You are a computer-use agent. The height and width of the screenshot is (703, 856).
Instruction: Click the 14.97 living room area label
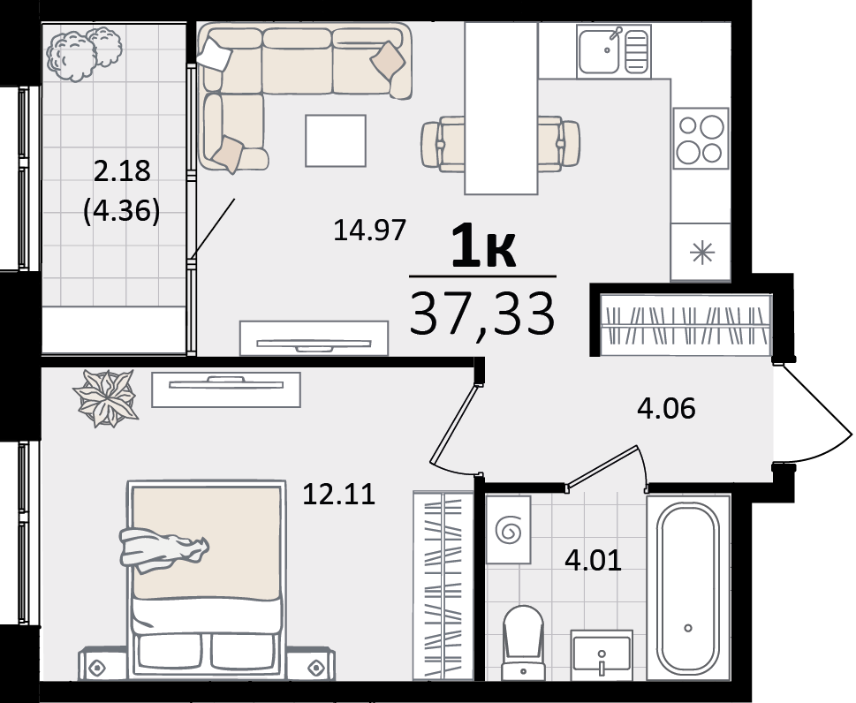tap(369, 230)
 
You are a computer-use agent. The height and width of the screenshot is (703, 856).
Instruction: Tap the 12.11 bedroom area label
tap(338, 495)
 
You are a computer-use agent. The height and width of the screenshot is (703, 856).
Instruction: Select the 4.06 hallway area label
tap(667, 408)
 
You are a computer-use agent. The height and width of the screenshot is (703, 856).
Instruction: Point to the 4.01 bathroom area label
tap(594, 561)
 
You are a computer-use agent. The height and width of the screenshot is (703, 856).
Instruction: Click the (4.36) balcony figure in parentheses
tap(122, 211)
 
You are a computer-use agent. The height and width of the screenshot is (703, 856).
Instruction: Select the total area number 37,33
tap(482, 314)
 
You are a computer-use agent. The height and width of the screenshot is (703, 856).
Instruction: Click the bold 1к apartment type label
tap(483, 246)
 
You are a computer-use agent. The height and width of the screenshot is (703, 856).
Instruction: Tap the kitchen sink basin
tap(599, 51)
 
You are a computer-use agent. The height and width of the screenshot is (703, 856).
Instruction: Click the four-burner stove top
tap(701, 138)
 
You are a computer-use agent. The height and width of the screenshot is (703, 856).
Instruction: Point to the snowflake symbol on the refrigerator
tap(701, 253)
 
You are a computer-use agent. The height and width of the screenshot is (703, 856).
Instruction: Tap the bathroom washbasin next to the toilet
tap(602, 655)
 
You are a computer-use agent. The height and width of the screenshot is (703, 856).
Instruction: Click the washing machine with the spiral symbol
tap(508, 529)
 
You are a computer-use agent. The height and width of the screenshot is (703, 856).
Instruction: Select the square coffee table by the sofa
tap(335, 140)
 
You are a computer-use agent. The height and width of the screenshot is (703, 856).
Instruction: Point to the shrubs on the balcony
tap(84, 54)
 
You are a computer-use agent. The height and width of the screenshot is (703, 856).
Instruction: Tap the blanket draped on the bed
tap(163, 550)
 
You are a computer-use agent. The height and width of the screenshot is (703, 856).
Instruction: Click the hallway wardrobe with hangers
tap(686, 325)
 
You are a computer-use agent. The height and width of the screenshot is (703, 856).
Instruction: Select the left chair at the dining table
tap(443, 144)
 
